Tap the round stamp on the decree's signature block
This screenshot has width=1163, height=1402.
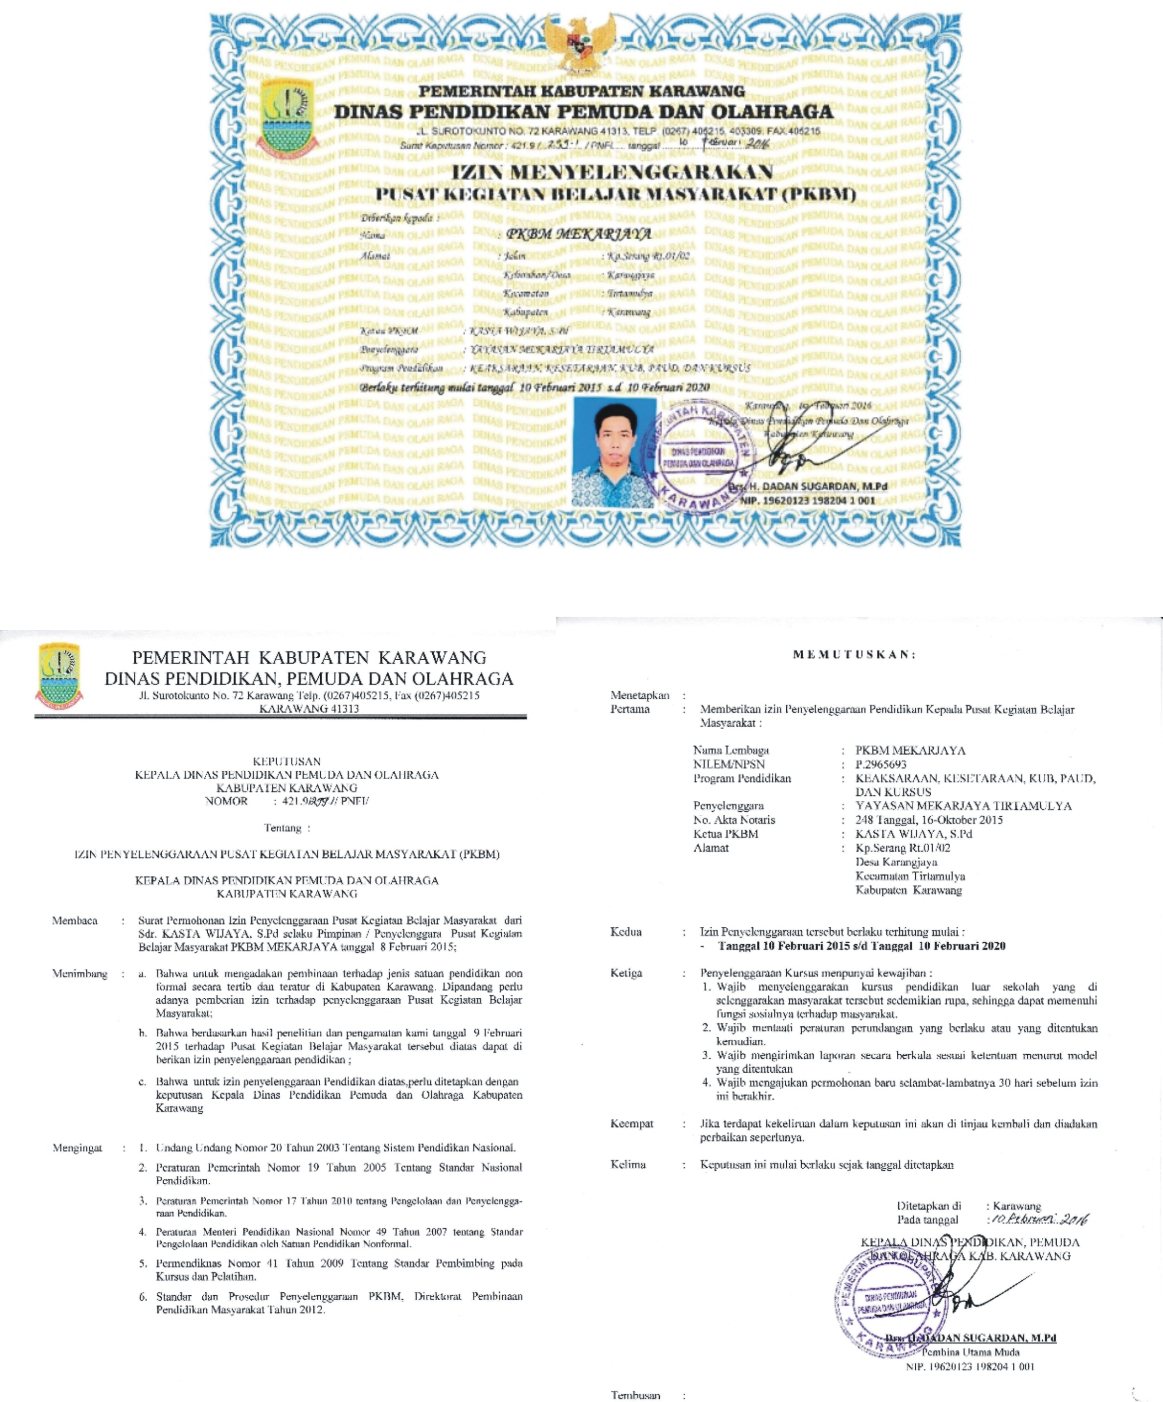pyautogui.click(x=893, y=1305)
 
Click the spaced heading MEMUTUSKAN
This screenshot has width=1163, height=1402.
pyautogui.click(x=854, y=654)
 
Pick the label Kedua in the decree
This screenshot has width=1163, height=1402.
pyautogui.click(x=625, y=931)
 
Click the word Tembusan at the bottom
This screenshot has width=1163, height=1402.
pyautogui.click(x=636, y=1395)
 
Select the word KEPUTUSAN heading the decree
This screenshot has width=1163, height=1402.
pyautogui.click(x=286, y=761)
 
